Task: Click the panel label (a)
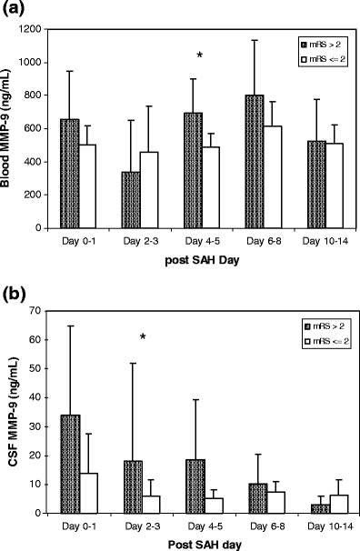coord(15,11)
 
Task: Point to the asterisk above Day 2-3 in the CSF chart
coord(143,338)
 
